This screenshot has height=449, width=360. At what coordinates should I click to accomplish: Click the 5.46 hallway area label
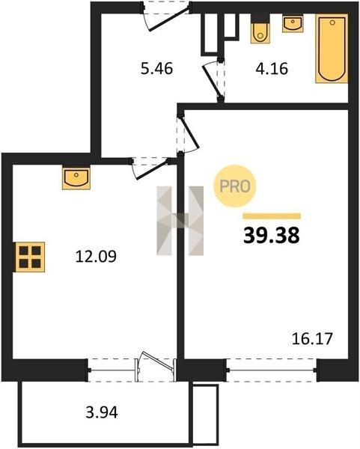(x=156, y=69)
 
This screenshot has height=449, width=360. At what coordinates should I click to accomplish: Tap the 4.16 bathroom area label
(x=272, y=69)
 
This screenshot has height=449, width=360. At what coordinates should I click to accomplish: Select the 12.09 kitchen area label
(x=96, y=256)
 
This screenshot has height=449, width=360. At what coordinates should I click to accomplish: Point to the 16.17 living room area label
(x=312, y=339)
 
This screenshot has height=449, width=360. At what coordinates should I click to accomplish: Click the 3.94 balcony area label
(x=102, y=412)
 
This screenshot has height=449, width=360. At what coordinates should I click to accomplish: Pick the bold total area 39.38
(x=272, y=235)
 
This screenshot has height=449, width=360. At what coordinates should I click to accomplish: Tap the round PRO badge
(x=235, y=186)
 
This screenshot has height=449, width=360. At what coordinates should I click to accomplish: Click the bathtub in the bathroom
(x=332, y=49)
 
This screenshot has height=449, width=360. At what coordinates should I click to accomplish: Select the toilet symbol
(x=260, y=30)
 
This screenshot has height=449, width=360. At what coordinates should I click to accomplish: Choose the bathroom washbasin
(x=293, y=24)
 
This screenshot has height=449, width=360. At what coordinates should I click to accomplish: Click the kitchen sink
(x=76, y=178)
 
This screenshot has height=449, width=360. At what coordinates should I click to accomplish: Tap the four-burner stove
(x=30, y=257)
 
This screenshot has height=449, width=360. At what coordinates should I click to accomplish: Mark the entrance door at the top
(x=166, y=17)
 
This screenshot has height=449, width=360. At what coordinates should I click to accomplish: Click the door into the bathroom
(x=213, y=80)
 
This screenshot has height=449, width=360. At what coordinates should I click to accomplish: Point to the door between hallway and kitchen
(x=150, y=168)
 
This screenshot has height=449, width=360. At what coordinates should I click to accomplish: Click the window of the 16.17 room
(x=272, y=370)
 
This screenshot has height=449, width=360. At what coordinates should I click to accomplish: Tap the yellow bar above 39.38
(x=272, y=216)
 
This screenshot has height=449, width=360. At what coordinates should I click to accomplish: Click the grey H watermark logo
(x=180, y=221)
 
